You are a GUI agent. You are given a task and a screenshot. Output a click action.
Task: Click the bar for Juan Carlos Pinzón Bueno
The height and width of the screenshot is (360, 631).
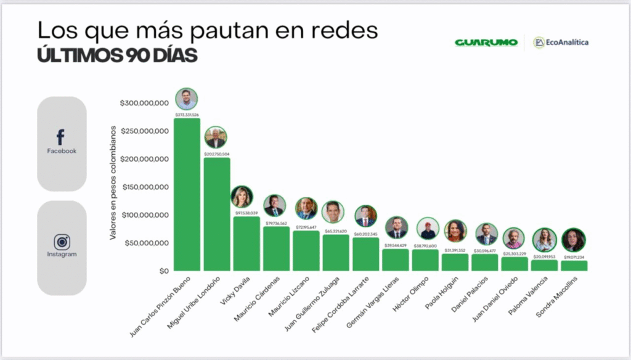pyautogui.click(x=187, y=194)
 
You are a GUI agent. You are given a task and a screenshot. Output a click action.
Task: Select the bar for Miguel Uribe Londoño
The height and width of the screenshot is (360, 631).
pyautogui.click(x=216, y=214)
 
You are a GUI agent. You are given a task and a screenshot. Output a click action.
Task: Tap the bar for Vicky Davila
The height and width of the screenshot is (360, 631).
pyautogui.click(x=246, y=243)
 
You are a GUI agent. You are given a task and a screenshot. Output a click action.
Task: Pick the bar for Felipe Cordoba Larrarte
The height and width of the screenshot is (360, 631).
pyautogui.click(x=365, y=254)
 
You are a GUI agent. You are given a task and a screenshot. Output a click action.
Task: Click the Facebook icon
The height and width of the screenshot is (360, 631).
pyautogui.click(x=61, y=137)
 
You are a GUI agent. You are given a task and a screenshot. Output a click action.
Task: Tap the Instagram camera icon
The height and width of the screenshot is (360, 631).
pyautogui.click(x=61, y=242)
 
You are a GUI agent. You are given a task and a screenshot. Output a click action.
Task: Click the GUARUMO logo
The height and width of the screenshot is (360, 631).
pyautogui.click(x=486, y=43)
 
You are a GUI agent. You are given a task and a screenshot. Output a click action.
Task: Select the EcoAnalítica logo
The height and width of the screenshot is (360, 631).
pyautogui.click(x=561, y=42)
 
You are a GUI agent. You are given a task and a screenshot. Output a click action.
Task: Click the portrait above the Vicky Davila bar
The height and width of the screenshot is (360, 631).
pyautogui.click(x=242, y=197)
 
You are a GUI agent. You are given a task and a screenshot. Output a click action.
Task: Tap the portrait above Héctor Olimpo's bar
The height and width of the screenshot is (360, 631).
pyautogui.click(x=428, y=228)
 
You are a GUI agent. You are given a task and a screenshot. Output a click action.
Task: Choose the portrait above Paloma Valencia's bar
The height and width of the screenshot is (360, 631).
pyautogui.click(x=544, y=239)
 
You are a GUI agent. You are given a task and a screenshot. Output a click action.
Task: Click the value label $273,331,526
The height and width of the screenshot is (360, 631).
pyautogui.click(x=187, y=115)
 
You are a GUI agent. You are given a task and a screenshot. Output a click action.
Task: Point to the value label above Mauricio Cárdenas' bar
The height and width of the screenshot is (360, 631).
pyautogui.click(x=275, y=223)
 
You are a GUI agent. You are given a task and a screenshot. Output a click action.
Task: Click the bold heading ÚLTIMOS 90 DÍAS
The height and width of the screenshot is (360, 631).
pyautogui.click(x=117, y=55)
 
